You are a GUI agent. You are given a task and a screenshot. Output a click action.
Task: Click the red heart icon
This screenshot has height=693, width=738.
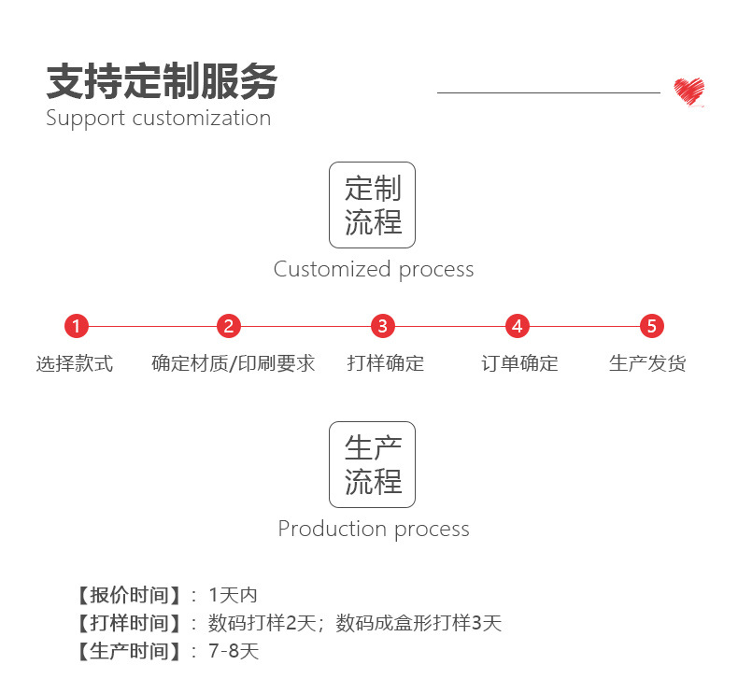pos(688,92)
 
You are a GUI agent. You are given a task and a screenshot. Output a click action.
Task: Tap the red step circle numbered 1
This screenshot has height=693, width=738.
pos(77,327)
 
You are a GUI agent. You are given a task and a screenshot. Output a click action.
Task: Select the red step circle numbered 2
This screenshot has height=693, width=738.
pos(229,327)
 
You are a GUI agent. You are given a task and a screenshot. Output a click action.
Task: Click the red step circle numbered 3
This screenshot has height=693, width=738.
pos(382,327)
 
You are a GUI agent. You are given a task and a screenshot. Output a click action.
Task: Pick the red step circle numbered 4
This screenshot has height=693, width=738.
pos(518,327)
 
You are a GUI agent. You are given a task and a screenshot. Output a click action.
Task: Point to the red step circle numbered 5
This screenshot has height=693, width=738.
pos(652,327)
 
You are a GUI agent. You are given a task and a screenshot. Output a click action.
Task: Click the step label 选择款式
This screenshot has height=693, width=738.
pos(75,364)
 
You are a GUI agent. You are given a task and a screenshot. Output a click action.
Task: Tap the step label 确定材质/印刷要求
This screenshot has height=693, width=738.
pos(234,364)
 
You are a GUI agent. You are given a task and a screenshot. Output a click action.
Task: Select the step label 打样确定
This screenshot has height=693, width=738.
pos(385,364)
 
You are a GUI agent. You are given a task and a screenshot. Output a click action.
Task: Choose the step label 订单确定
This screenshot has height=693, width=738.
pos(519,364)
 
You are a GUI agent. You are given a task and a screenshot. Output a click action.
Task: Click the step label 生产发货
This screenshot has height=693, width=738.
pos(647,364)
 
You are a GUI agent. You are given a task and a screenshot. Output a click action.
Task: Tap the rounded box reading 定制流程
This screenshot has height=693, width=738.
pos(372,205)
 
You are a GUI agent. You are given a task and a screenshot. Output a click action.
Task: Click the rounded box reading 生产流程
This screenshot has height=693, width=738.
pos(372,464)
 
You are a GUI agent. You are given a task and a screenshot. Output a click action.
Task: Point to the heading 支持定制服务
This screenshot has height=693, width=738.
pos(162,82)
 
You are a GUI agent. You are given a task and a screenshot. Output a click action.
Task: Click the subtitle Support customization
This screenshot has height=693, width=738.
pos(158,119)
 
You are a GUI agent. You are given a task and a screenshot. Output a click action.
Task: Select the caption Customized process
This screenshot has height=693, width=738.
pos(374,270)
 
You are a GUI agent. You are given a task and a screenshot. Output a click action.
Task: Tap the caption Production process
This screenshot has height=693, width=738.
pos(374,530)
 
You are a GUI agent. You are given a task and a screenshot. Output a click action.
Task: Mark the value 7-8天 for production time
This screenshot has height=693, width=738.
pos(234,652)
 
